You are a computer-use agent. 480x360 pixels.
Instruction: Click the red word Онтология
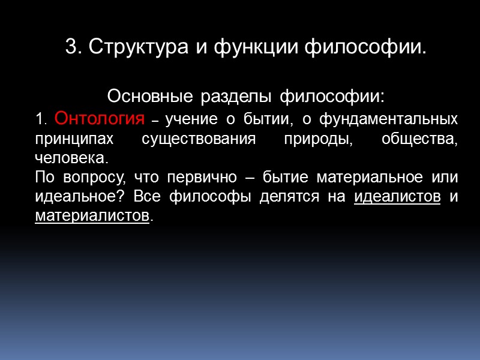(99, 119)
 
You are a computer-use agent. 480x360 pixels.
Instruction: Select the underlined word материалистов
(91, 215)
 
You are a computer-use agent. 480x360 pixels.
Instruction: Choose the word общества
(420, 139)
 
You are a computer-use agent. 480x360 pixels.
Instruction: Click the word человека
(71, 158)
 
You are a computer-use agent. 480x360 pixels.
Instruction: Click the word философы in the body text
(202, 197)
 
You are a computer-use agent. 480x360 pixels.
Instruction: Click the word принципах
(74, 139)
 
